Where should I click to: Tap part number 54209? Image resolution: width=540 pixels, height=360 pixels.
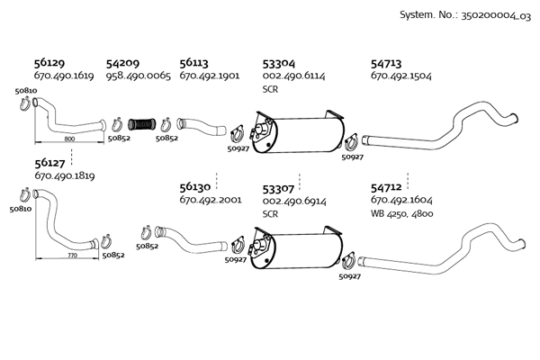point(122,64)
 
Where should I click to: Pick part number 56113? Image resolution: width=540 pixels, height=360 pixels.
point(194,64)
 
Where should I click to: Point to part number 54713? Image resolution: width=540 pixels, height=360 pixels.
point(388,64)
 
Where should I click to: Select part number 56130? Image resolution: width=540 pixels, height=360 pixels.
point(195,188)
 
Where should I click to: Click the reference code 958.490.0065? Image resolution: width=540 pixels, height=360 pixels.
point(138,76)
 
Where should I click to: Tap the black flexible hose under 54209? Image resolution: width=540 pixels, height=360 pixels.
point(143,123)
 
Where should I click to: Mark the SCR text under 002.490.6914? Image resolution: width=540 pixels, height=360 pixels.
point(270,214)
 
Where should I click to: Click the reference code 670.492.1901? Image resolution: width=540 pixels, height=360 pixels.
point(210,76)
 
